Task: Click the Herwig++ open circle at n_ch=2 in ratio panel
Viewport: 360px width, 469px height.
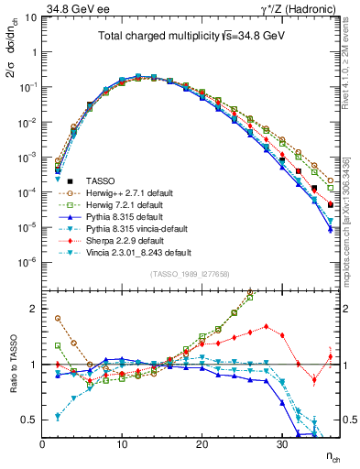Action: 58,318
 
